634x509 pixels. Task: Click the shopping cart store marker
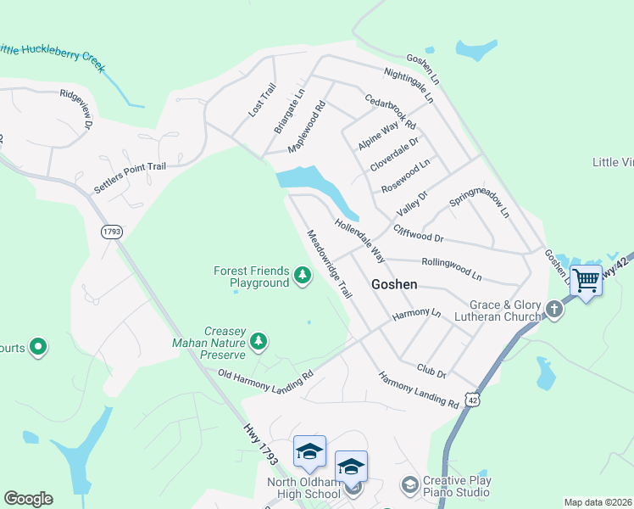point(586,280)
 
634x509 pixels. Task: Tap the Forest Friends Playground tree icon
point(303,275)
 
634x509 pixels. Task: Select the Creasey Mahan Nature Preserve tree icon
point(259,341)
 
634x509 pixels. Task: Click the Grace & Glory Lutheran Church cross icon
point(554,309)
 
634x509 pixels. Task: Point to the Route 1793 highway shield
point(111,232)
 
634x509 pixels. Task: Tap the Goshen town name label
point(394,285)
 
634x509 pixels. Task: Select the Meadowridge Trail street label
point(329,264)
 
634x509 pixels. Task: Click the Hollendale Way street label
point(359,240)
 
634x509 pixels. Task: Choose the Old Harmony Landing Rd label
point(265,381)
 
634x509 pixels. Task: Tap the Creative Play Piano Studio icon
point(409,484)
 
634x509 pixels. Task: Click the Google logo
point(28,499)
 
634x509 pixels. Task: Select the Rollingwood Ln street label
point(451,270)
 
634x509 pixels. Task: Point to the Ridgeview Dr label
point(75,109)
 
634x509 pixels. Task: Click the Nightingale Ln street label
point(409,86)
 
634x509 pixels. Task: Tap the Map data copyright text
point(598,502)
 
